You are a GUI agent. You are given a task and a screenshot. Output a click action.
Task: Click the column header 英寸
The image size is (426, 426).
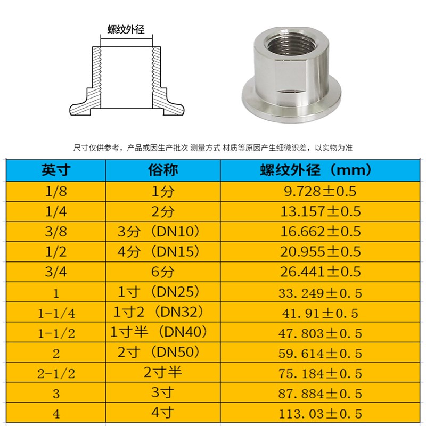pos(56,170)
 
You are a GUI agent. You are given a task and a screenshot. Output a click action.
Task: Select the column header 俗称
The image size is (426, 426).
pos(162,170)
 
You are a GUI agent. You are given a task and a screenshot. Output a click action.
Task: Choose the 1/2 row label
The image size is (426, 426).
pos(56,251)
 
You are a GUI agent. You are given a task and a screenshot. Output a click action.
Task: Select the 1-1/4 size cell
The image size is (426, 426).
pos(56,313)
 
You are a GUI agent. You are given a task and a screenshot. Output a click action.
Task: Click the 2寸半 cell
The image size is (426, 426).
pos(162,372)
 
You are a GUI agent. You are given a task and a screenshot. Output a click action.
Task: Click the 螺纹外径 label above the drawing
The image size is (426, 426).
pos(126,29)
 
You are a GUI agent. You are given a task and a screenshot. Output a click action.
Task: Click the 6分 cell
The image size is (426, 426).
pos(162,272)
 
